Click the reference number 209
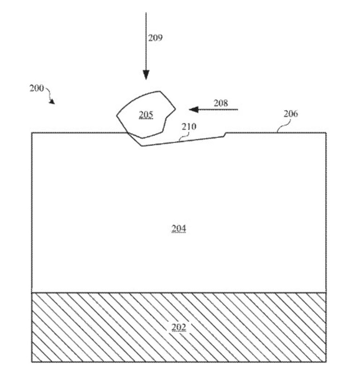pyautogui.click(x=155, y=38)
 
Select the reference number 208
pyautogui.click(x=221, y=103)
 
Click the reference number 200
pyautogui.click(x=37, y=88)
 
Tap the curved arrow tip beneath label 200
pyautogui.click(x=53, y=103)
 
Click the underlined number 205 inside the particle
pyautogui.click(x=146, y=115)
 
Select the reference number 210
pyautogui.click(x=189, y=126)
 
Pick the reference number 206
pyautogui.click(x=291, y=114)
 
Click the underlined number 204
pyautogui.click(x=179, y=229)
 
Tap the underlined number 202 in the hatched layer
pyautogui.click(x=179, y=327)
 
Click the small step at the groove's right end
pyautogui.click(x=225, y=135)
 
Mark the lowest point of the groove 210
pyautogui.click(x=142, y=146)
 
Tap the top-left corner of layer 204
pyautogui.click(x=32, y=133)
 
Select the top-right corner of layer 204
pyautogui.click(x=326, y=133)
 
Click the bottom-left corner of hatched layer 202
pyautogui.click(x=32, y=362)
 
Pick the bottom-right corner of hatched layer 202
pyautogui.click(x=326, y=362)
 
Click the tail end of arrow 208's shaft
pyautogui.click(x=238, y=110)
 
